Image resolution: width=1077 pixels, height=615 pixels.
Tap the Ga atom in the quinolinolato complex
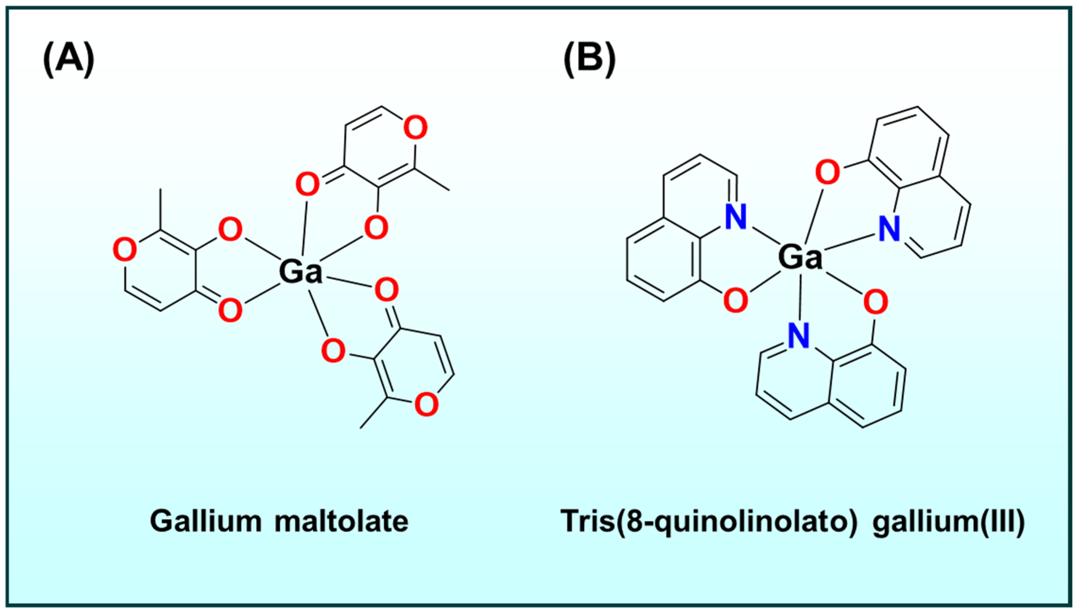800,257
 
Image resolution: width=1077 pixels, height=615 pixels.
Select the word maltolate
342,521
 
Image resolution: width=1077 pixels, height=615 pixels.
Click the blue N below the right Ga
798,336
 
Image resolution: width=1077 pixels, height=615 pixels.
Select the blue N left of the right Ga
736,217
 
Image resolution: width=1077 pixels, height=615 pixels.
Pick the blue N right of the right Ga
889,229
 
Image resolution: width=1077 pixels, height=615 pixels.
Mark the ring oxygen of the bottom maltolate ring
426,404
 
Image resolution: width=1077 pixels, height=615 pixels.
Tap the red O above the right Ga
827,172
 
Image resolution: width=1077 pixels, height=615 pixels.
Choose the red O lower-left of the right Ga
736,300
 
